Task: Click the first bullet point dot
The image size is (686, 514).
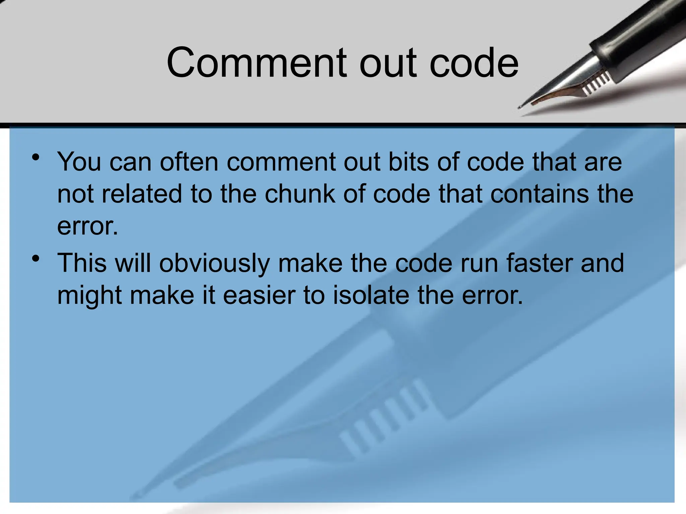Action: coord(36,157)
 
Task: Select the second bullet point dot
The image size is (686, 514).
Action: coord(36,259)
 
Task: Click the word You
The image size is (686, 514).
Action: coord(79,162)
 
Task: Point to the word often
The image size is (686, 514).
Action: coord(189,162)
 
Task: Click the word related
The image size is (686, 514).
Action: coord(142,194)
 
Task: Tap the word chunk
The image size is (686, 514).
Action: coord(300,194)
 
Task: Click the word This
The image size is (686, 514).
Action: coord(82,263)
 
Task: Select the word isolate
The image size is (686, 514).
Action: coord(371,296)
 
